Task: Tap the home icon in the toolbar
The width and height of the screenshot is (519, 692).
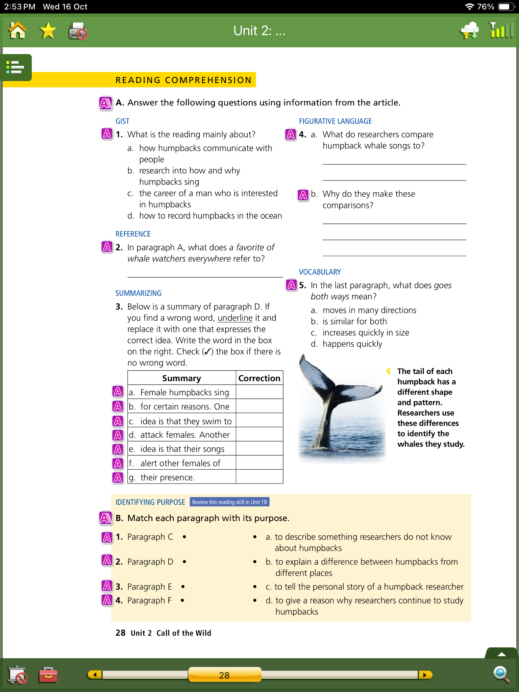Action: click(x=18, y=31)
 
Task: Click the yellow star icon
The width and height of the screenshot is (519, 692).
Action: click(x=48, y=31)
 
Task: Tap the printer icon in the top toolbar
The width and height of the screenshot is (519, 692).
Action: click(x=78, y=31)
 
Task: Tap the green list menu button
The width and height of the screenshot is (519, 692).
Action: click(x=16, y=67)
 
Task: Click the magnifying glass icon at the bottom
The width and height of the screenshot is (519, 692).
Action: click(x=501, y=674)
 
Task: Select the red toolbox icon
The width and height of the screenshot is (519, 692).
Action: click(x=48, y=675)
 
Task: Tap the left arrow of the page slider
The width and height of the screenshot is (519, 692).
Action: click(x=95, y=675)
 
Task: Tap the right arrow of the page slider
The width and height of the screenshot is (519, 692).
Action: click(x=425, y=675)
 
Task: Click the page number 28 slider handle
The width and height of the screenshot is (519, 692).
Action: click(x=224, y=675)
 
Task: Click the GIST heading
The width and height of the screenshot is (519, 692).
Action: click(x=122, y=121)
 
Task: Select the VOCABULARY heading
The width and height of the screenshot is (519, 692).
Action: click(x=320, y=272)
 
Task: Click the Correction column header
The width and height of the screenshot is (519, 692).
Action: click(x=259, y=378)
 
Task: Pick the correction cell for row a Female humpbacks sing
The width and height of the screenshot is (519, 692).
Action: click(x=259, y=392)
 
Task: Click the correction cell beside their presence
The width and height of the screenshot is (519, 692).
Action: click(x=259, y=477)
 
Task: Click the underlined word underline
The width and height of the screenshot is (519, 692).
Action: click(x=235, y=318)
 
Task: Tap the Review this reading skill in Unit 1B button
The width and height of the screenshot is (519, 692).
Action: click(x=229, y=502)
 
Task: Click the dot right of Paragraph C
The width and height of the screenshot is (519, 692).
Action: click(x=184, y=537)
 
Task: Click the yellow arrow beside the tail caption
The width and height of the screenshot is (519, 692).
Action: click(x=389, y=371)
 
